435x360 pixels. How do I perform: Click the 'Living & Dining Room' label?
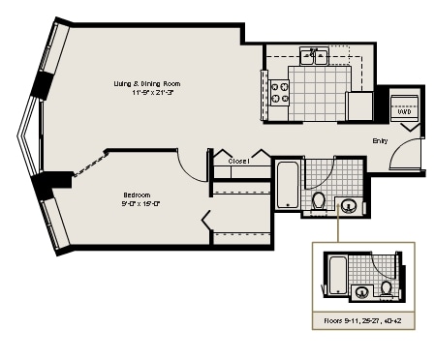pos(145,83)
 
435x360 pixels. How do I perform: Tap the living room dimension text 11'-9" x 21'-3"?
pos(145,93)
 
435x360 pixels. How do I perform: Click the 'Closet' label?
pos(240,161)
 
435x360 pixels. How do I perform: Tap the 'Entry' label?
pos(381,141)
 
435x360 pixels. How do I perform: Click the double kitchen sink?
pos(313,56)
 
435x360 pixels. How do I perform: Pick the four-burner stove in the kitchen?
pos(279,93)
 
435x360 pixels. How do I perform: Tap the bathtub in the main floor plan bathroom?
pos(288,185)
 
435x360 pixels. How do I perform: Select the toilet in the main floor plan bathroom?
pos(319,201)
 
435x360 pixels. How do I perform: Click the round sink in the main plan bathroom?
pos(348,205)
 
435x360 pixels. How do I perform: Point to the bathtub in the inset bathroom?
pos(337,274)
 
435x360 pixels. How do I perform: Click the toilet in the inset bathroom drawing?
pos(387,287)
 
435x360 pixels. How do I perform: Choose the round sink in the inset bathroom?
pos(361,292)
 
